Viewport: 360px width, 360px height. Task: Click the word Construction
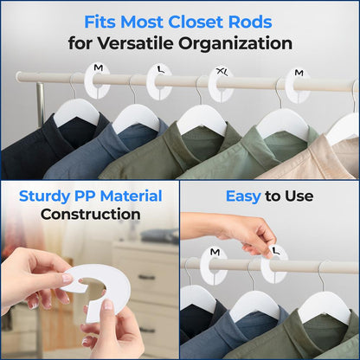(90, 214)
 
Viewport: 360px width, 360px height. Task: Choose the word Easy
(243, 196)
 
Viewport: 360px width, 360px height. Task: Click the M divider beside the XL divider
(299, 85)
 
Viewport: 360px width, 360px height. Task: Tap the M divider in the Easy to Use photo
(214, 265)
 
